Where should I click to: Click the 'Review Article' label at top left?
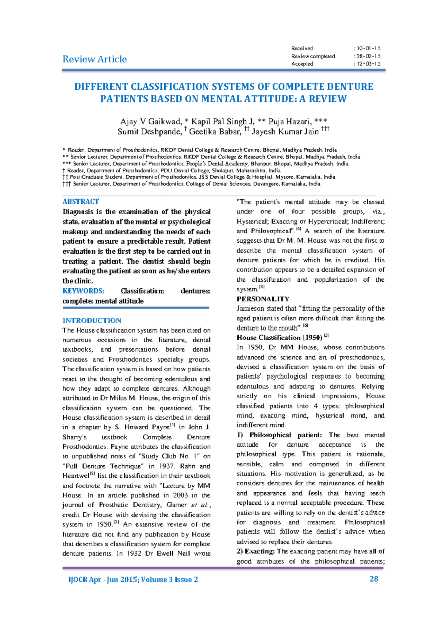95,59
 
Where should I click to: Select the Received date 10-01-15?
369,48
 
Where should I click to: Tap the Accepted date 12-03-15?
369,63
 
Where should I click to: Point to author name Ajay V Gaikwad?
150,121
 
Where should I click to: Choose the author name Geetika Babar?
215,132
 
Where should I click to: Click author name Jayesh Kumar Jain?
285,132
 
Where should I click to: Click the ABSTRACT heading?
81,202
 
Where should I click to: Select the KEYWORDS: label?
83,291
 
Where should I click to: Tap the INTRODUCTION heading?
92,321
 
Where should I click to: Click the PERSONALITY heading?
263,299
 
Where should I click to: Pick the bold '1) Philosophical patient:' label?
279,435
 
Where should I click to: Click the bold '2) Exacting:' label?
255,551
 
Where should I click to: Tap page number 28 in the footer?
374,579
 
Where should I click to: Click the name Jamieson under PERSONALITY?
250,309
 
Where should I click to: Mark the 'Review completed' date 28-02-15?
369,56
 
